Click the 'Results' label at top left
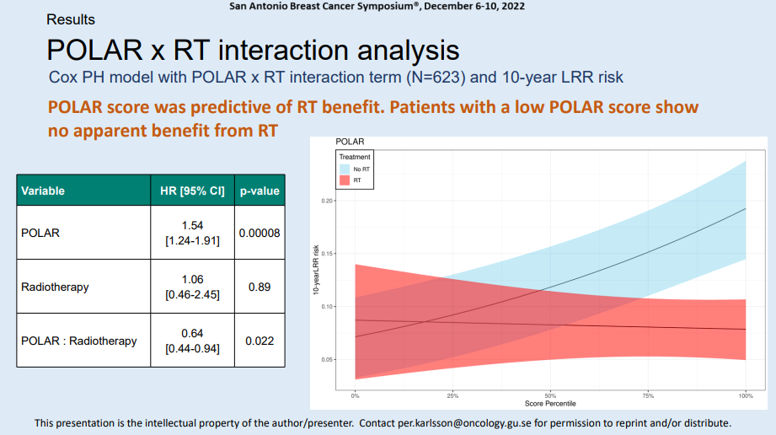(71, 19)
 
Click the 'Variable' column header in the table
(43, 191)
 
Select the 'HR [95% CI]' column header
(192, 191)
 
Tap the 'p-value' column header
(260, 191)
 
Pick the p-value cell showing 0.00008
(260, 233)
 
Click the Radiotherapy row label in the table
(55, 287)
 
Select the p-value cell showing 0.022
(260, 341)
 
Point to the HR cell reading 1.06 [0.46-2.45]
(192, 287)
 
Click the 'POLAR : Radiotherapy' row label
(79, 341)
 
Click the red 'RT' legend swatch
(344, 180)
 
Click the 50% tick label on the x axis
(550, 395)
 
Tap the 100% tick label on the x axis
(745, 395)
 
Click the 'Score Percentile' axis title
(550, 404)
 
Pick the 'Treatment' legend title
(354, 158)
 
